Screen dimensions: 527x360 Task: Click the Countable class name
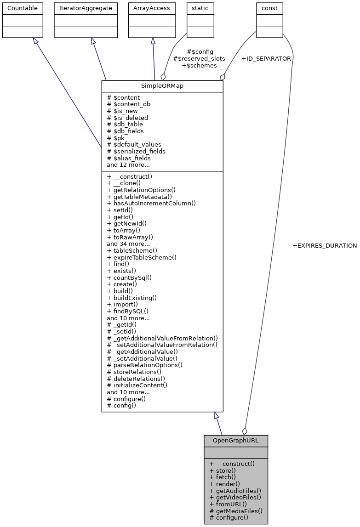[x=23, y=8]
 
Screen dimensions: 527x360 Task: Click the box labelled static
[x=200, y=8]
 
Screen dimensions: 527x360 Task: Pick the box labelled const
[x=269, y=8]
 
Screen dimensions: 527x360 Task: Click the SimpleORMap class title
[x=162, y=86]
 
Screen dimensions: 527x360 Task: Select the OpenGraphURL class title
[x=235, y=441]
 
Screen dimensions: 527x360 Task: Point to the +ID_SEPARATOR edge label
[x=266, y=59]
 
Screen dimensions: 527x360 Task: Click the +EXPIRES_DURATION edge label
[x=325, y=246]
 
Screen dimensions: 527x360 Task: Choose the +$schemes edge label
[x=199, y=66]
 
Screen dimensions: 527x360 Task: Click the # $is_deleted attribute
[x=127, y=118]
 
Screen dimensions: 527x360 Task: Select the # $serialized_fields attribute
[x=136, y=151]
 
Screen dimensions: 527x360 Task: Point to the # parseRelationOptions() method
[x=144, y=365]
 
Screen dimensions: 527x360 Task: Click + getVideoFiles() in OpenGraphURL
[x=235, y=497]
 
